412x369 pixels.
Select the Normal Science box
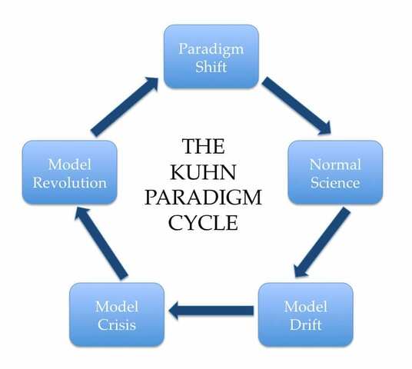click(x=334, y=173)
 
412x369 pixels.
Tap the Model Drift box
click(x=305, y=315)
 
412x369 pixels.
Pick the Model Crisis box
click(x=116, y=315)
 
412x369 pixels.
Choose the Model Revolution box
click(x=70, y=172)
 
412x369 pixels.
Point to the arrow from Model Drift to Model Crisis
click(x=211, y=311)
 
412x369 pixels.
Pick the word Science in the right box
click(x=334, y=183)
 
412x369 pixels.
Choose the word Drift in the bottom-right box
click(x=305, y=324)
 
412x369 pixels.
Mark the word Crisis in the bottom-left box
click(x=116, y=324)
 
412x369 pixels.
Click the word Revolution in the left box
click(x=70, y=182)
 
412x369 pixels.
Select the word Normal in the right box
click(x=334, y=164)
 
